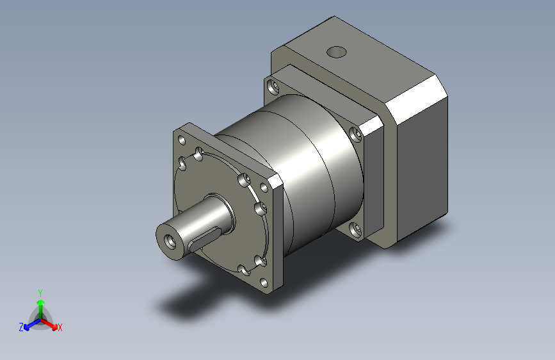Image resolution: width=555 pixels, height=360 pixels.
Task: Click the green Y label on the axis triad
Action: tap(40, 291)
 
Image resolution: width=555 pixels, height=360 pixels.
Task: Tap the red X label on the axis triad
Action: tap(60, 328)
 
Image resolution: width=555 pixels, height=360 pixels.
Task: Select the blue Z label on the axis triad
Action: tap(20, 327)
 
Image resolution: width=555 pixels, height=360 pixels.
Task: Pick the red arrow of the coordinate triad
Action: tap(51, 322)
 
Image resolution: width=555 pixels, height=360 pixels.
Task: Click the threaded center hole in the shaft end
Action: tap(172, 242)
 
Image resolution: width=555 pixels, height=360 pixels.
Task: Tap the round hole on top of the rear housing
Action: tap(335, 51)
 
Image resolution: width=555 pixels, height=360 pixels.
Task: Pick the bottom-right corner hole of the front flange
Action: tap(264, 282)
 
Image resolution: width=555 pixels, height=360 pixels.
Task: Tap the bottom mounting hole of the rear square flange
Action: tap(354, 227)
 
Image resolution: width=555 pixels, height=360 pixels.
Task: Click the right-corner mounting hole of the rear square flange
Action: tap(356, 134)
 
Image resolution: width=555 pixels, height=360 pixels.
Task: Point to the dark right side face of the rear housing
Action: tap(422, 173)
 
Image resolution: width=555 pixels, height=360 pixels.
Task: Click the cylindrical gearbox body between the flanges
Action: tap(307, 167)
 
